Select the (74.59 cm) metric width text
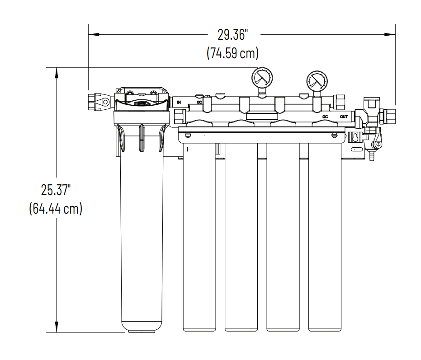coord(232,53)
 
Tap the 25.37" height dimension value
coord(56,190)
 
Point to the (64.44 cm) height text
coord(56,209)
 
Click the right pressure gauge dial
coord(316,81)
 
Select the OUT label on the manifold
coord(344,117)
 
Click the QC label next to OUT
coord(325,117)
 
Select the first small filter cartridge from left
coord(199,239)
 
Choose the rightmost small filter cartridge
coord(325,239)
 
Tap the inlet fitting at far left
coord(99,102)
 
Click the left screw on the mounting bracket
coord(189,135)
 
